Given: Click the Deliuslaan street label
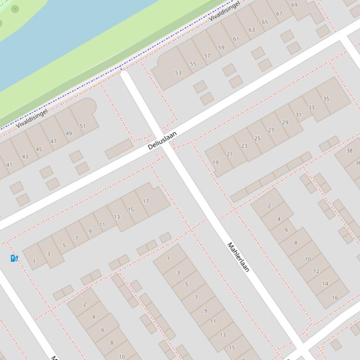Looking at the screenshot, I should coord(162,140).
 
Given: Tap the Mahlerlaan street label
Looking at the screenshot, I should coord(238,257).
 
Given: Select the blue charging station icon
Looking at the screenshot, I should coord(14,258).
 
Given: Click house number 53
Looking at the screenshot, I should coord(178,72).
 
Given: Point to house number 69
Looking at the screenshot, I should coord(294,5).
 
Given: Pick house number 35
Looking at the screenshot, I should coord(326,99).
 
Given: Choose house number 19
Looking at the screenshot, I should coord(215,163).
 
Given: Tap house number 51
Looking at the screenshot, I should coord(82,126).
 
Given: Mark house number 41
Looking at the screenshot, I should coord(9,165).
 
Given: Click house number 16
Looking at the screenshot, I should coord(335,297).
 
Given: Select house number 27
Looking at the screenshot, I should coord(271,130).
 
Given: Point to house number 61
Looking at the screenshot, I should coord(236,39).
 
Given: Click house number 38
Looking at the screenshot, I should coord(349,151).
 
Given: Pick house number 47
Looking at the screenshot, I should coord(53,141).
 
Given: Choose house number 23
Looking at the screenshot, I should coord(244,146).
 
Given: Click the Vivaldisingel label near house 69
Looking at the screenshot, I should coord(224,11).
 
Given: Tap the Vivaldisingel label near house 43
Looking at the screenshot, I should coord(32,119).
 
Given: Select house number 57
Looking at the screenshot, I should coord(207,56).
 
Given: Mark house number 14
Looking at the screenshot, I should coord(325,284).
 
